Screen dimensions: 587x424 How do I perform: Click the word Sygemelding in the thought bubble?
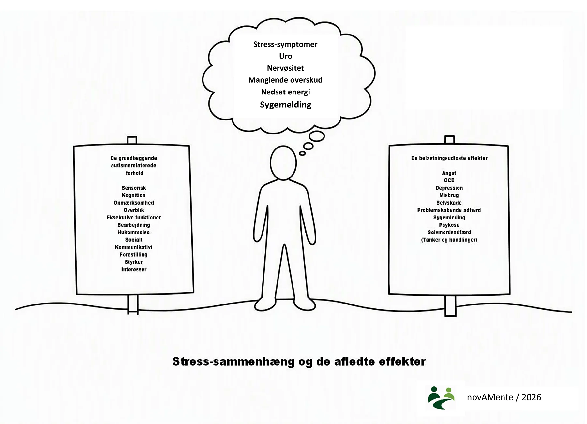[285, 105]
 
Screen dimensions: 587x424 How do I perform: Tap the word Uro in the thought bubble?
[285, 56]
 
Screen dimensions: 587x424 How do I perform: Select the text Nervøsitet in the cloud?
[285, 68]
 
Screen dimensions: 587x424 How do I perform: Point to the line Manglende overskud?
[285, 80]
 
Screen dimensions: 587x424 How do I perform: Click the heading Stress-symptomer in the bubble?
[285, 44]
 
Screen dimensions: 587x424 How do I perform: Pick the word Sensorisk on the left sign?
[134, 188]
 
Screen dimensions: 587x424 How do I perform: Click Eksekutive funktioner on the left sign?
[134, 218]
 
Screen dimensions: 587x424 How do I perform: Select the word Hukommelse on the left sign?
[134, 233]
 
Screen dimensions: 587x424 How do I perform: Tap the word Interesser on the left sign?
[134, 270]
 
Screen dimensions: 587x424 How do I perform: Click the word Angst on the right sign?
[449, 173]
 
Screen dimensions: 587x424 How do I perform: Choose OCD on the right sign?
[449, 180]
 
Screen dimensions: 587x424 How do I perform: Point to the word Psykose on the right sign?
[449, 225]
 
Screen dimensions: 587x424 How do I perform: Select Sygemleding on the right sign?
[449, 218]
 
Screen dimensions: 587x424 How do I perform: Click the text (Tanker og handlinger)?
[449, 240]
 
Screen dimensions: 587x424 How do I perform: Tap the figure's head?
[283, 163]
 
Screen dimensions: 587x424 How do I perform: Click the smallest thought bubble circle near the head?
[302, 153]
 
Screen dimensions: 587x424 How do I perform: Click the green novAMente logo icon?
[441, 398]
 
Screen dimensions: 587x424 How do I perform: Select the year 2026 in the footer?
[531, 397]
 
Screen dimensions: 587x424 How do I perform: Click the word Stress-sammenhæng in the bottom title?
[233, 362]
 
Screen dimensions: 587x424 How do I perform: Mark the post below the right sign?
[450, 305]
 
